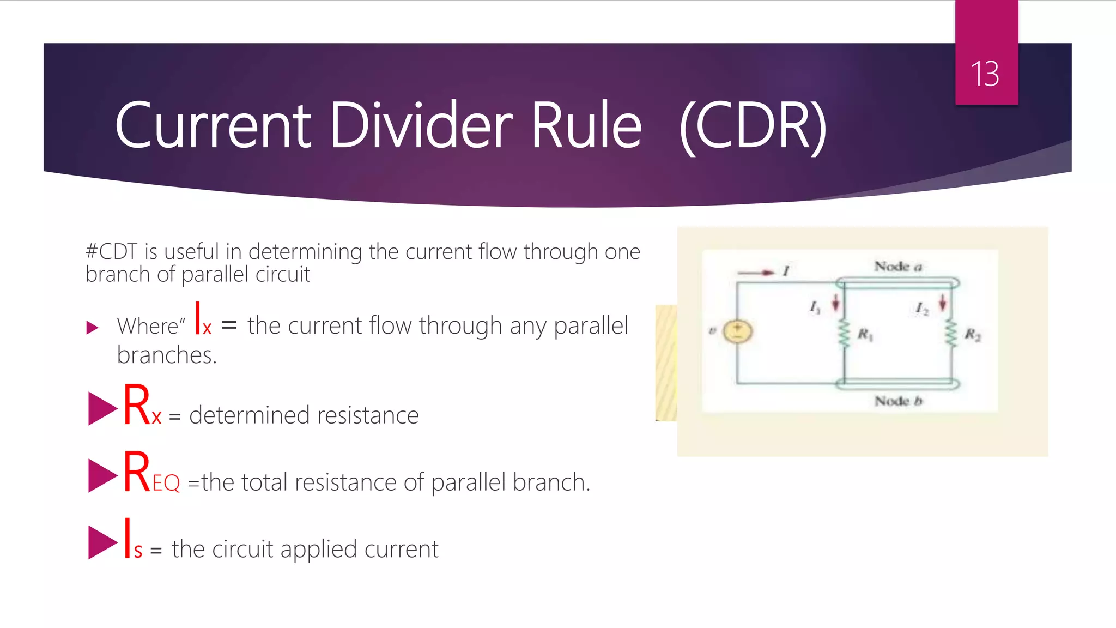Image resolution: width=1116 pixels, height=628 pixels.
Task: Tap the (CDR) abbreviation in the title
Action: coord(754,128)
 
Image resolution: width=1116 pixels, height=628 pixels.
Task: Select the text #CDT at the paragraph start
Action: coord(111,252)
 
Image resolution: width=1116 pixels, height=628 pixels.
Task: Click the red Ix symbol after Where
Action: coord(203,320)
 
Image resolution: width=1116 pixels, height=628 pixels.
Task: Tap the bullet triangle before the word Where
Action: coord(92,328)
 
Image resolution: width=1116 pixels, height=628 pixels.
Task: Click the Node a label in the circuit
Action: coord(898,267)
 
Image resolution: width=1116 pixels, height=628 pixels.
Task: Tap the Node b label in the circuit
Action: coord(898,401)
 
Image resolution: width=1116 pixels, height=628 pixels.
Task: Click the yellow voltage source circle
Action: coord(737,331)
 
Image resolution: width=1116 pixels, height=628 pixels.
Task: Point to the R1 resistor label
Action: coord(865,334)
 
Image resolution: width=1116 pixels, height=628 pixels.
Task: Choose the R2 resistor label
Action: coord(972,334)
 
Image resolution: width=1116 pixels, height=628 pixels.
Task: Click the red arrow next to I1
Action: coord(835,303)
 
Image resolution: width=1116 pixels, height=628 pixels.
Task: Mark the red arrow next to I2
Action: coord(942,303)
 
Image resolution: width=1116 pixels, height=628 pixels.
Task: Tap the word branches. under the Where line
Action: coord(167,355)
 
